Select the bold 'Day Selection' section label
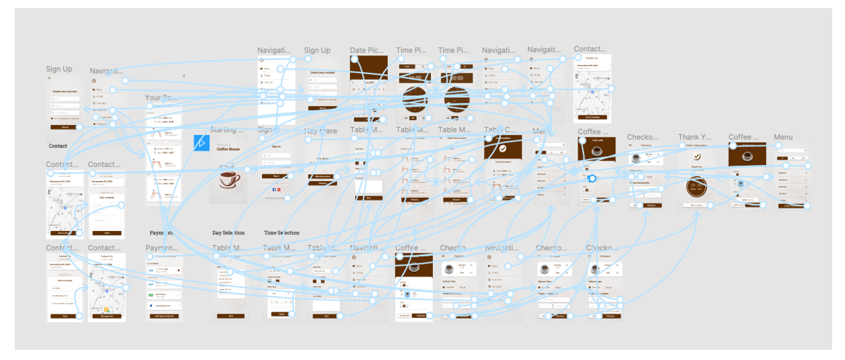[228, 233]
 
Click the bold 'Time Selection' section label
[282, 233]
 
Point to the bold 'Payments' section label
[161, 233]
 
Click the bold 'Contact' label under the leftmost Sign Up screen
[58, 146]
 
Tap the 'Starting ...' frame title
[226, 130]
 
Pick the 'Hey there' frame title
[319, 131]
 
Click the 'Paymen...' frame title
[161, 249]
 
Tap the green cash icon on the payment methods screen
[151, 295]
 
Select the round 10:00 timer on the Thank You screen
[696, 187]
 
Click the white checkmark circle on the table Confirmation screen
[503, 148]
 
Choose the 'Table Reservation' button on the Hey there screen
[326, 176]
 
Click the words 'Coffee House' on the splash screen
[228, 151]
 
